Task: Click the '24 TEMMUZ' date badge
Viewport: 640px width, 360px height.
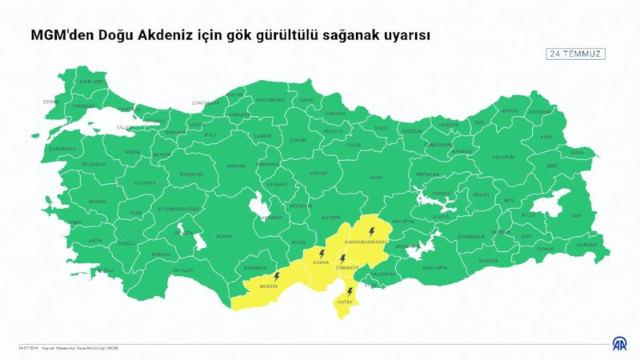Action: point(575,54)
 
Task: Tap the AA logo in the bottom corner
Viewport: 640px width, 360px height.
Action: point(621,345)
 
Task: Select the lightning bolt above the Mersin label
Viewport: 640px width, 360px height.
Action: point(276,276)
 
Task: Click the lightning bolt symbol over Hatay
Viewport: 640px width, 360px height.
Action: point(350,291)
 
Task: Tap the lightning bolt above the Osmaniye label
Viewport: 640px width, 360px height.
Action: point(342,258)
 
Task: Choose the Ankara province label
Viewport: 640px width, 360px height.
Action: point(236,166)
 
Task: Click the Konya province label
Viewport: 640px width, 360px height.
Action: point(225,236)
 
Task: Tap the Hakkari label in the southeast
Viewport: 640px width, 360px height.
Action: point(586,243)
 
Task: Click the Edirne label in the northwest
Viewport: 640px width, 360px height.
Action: point(52,102)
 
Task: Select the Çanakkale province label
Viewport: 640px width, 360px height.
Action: point(63,148)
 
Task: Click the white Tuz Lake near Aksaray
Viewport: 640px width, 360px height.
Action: point(261,207)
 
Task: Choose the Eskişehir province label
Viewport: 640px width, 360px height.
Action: point(191,174)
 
